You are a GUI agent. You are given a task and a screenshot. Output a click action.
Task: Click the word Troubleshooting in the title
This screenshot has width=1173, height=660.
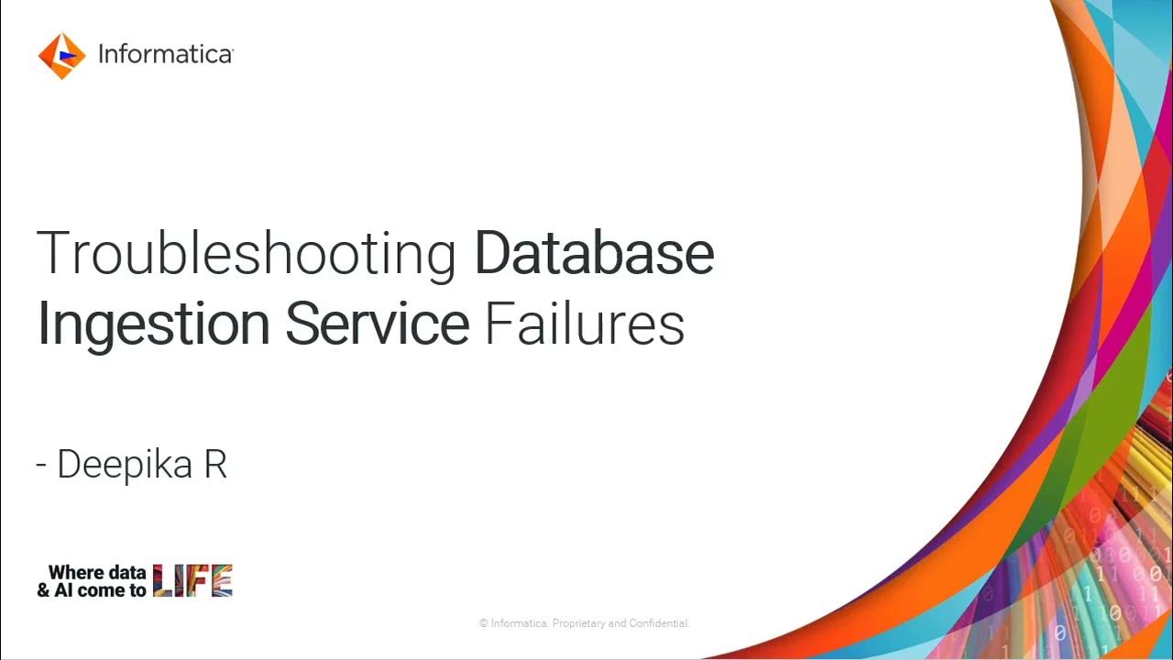coord(246,254)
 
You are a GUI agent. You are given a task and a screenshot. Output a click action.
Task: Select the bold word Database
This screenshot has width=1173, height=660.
coord(594,254)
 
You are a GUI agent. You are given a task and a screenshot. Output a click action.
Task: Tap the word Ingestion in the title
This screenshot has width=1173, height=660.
coord(153,324)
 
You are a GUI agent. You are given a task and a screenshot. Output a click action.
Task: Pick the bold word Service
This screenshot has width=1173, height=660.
coord(377,324)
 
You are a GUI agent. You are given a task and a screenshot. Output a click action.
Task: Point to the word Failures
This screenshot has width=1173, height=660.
coord(584,324)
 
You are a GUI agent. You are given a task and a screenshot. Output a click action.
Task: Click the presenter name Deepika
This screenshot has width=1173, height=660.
coord(125,465)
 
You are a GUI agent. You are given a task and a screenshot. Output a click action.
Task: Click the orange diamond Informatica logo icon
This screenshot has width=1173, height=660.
coord(61,55)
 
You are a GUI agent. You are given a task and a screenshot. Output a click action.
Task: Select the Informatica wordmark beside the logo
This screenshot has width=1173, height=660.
coord(165,55)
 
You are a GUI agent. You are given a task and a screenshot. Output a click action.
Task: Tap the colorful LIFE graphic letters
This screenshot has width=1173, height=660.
coord(192,581)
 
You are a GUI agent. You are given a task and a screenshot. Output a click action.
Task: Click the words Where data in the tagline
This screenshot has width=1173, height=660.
coord(97,573)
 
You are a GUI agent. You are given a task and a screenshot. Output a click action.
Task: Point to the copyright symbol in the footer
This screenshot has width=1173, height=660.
coord(483,624)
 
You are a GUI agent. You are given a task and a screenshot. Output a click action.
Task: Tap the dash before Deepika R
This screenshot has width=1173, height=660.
coord(41,466)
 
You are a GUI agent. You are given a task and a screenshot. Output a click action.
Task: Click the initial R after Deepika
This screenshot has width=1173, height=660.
coord(215,465)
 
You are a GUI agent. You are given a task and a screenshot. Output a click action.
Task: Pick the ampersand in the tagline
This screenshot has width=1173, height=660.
coord(43,590)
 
